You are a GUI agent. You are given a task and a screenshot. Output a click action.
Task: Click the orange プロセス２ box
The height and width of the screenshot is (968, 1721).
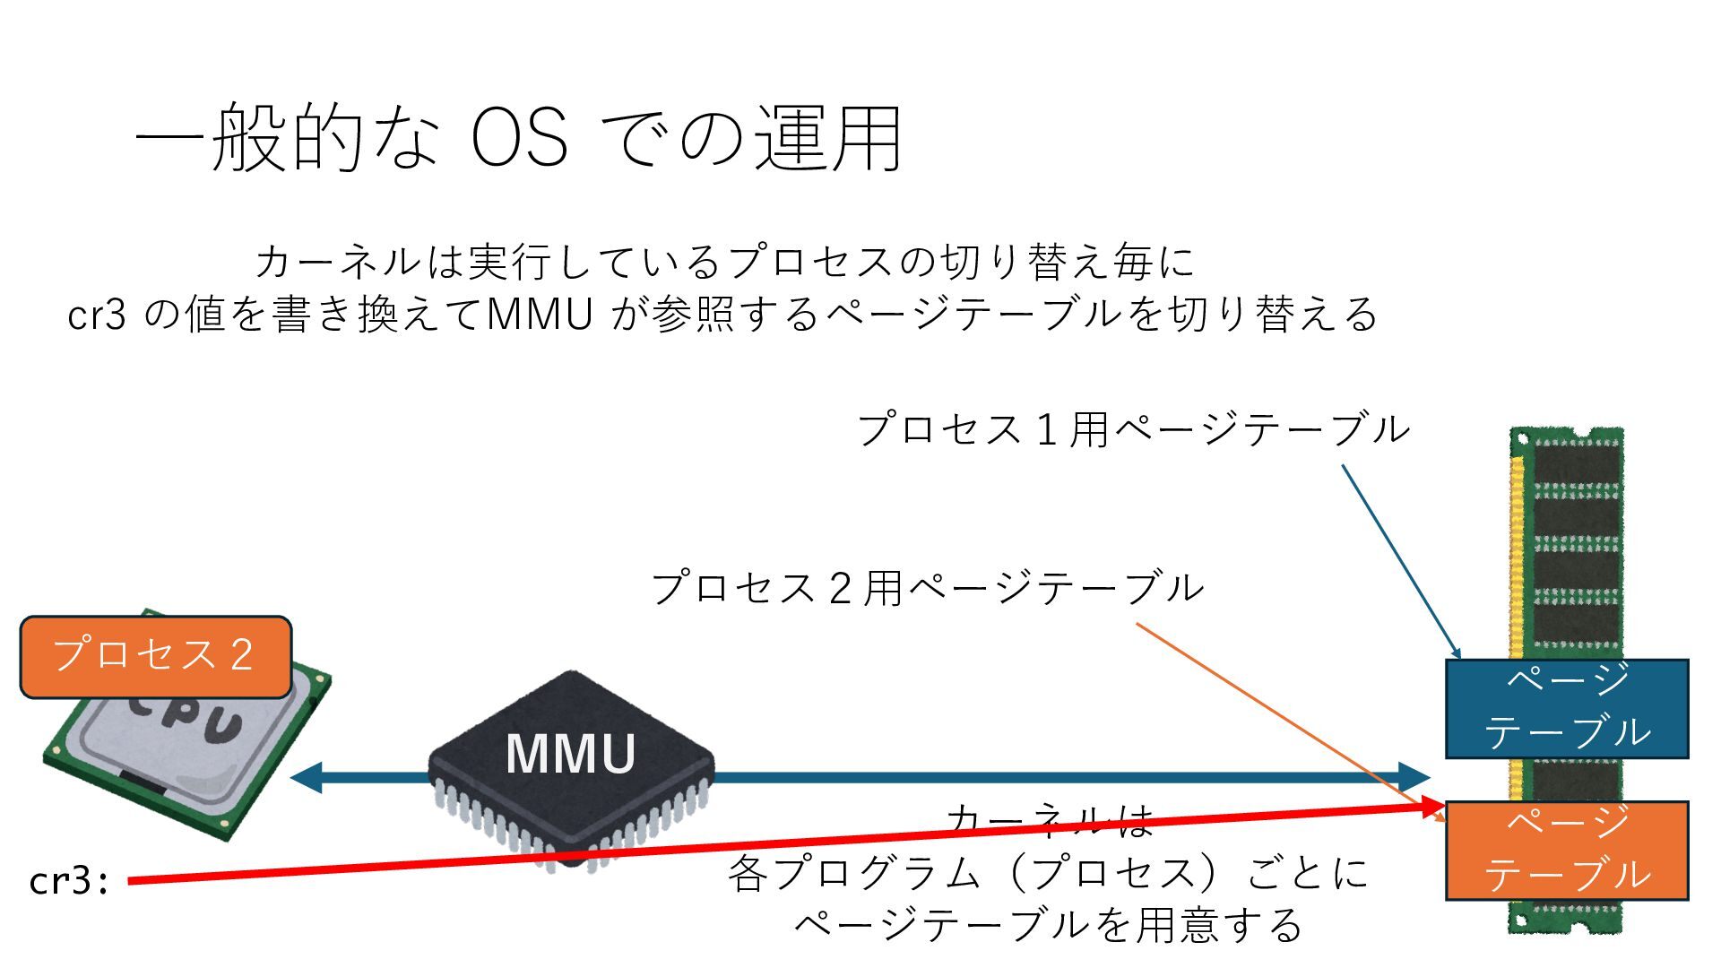pyautogui.click(x=155, y=656)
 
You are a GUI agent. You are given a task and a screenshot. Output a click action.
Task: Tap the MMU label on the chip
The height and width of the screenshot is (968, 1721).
pyautogui.click(x=570, y=754)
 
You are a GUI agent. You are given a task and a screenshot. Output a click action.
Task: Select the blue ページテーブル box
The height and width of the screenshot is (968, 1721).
pyautogui.click(x=1566, y=708)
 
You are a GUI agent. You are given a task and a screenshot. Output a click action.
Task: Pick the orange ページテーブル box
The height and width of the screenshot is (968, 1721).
pyautogui.click(x=1566, y=850)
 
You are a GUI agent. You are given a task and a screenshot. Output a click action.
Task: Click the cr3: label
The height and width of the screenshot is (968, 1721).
pyautogui.click(x=69, y=881)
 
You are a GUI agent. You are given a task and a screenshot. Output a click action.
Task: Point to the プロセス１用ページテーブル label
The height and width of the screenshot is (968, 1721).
pyautogui.click(x=1133, y=429)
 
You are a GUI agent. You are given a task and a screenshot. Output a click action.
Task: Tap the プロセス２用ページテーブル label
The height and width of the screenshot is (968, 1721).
pyautogui.click(x=927, y=589)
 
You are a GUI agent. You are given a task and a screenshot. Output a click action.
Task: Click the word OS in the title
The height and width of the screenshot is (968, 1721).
pyautogui.click(x=519, y=139)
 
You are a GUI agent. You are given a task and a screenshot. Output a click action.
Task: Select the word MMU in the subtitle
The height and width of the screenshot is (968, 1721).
pyautogui.click(x=539, y=315)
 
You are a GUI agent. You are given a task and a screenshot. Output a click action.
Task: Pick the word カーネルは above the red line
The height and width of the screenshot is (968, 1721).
pyautogui.click(x=1049, y=819)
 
